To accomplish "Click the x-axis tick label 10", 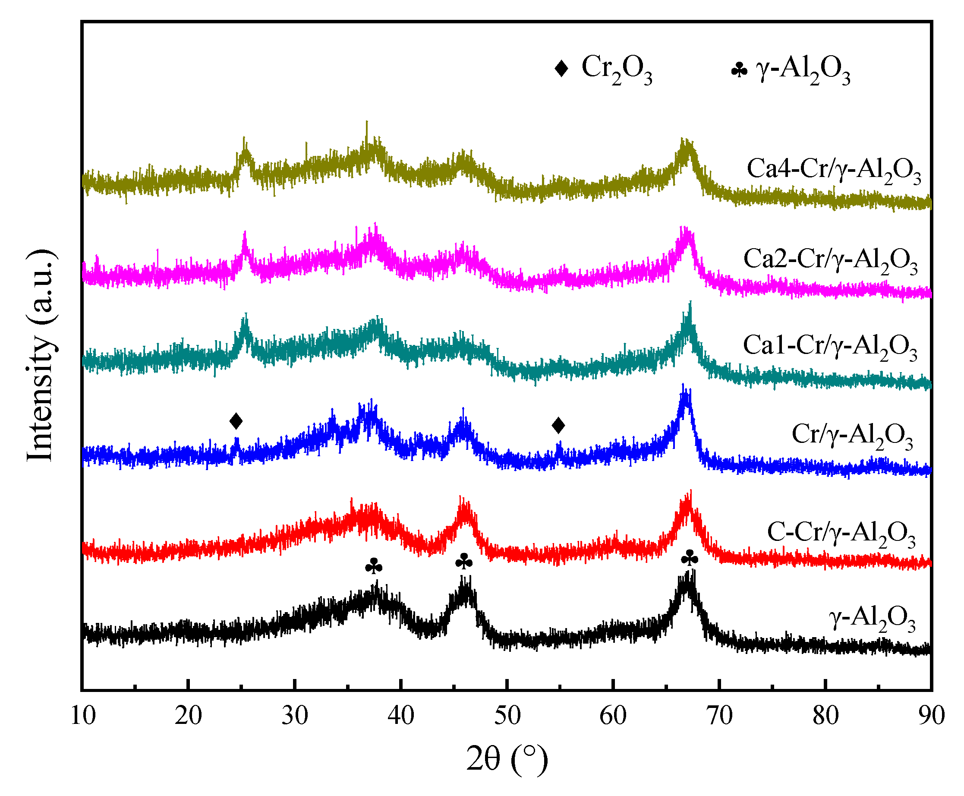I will (x=83, y=716).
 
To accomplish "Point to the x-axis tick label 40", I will (x=400, y=716).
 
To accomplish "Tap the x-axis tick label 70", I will (x=719, y=716).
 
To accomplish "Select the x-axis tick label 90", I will (x=930, y=716).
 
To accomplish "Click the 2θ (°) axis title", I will (x=507, y=759).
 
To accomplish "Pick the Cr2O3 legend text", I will (x=616, y=69).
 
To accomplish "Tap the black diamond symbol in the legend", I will (x=561, y=68).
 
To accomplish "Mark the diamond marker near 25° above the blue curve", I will (x=236, y=420).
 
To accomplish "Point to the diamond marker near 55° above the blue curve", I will (x=558, y=425).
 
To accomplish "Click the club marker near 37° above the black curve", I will (x=374, y=566).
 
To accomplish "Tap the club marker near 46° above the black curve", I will (x=464, y=561).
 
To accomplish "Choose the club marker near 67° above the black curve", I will (x=690, y=558).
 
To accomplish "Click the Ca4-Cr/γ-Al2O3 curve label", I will (x=833, y=170).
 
